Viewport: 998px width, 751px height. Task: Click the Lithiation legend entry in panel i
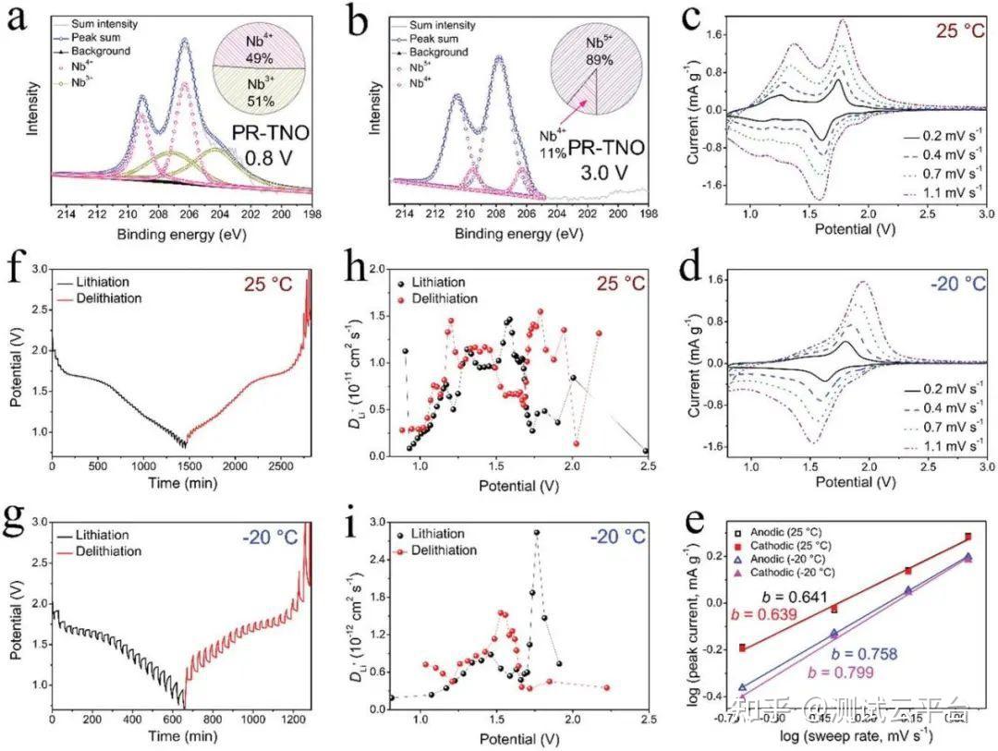442,534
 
